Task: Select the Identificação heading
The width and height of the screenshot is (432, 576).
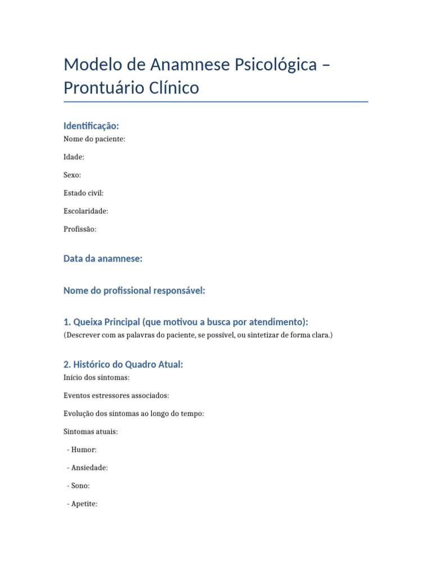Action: (x=91, y=126)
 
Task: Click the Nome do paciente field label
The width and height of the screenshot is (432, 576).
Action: (x=94, y=139)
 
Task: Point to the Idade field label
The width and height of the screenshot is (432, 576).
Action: (x=74, y=157)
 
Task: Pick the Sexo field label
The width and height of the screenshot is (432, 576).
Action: (x=73, y=175)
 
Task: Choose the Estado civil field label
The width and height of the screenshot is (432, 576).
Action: (x=84, y=193)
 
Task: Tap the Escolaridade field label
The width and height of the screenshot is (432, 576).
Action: (x=86, y=211)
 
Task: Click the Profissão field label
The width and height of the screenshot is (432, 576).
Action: (x=80, y=229)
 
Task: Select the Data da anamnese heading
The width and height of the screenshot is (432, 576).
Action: (x=103, y=259)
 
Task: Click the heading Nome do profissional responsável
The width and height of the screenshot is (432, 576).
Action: (x=134, y=290)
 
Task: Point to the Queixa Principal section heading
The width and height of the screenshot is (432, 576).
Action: (x=186, y=322)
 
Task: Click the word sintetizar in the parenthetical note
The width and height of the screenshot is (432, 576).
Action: (x=263, y=335)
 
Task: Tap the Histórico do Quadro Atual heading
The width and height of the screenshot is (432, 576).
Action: (x=123, y=364)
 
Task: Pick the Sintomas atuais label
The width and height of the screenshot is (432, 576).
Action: (x=91, y=431)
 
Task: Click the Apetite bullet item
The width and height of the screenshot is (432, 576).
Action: (x=84, y=503)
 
